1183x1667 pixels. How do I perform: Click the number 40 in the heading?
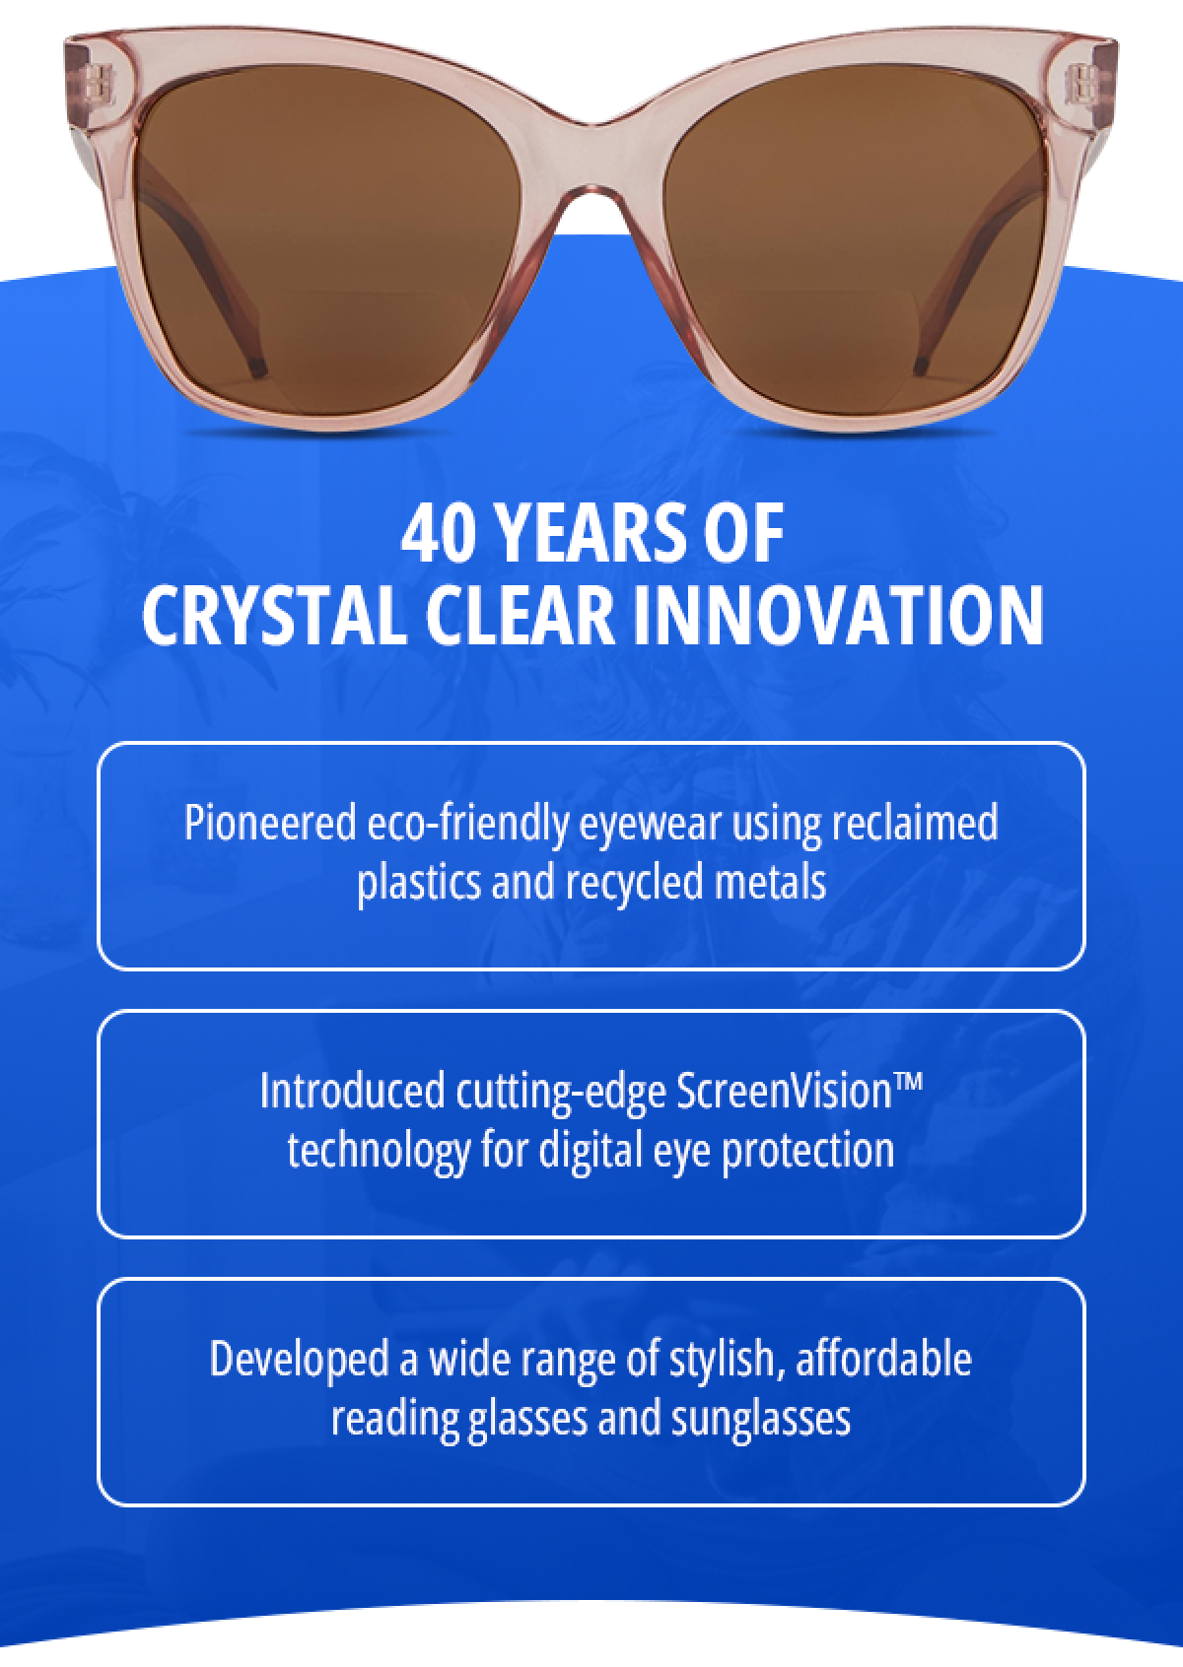[435, 534]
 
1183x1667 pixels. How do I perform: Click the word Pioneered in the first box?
[269, 823]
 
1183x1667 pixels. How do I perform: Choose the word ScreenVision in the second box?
[785, 1092]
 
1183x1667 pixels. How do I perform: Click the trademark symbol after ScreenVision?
[911, 1084]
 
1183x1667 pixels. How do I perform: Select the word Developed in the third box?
[299, 1360]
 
